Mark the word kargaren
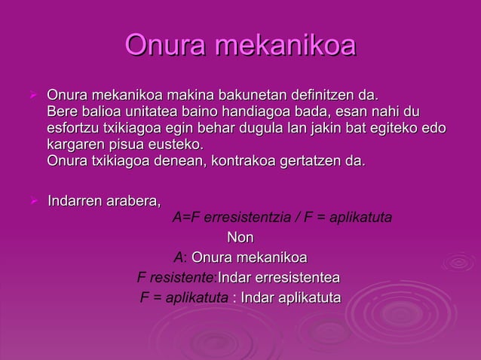pos(76,144)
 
